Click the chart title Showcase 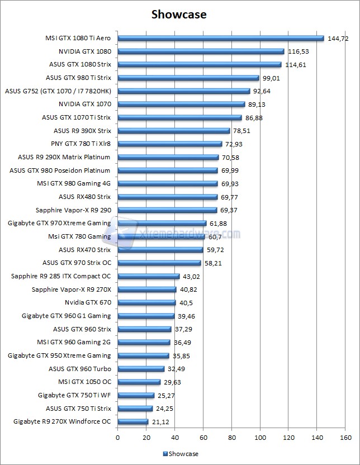179,15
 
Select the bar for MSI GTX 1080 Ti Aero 221,39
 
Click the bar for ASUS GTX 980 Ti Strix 188,78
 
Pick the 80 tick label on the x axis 231,437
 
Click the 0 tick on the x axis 117,437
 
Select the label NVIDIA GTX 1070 84,104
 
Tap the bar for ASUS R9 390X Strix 174,131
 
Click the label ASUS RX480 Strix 84,197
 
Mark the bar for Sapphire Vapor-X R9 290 167,210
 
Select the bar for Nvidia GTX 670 146,302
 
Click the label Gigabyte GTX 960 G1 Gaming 66,316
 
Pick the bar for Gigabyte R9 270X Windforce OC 132,421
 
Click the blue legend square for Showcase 165,454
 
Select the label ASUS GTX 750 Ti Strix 78,408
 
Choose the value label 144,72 338,39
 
